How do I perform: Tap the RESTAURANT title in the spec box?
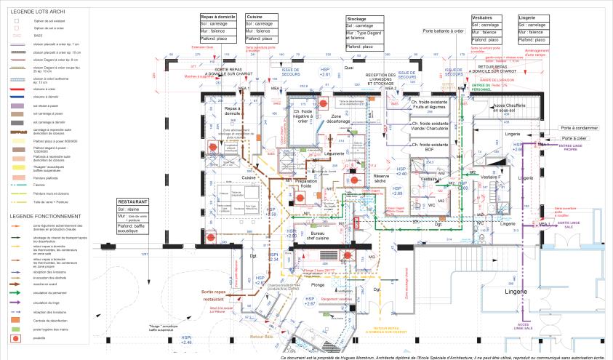[x=135, y=201]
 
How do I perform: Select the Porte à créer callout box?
[x=579, y=137]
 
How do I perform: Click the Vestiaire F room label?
[x=492, y=177]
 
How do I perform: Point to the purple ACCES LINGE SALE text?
[x=523, y=327]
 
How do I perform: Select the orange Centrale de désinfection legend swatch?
[x=15, y=319]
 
